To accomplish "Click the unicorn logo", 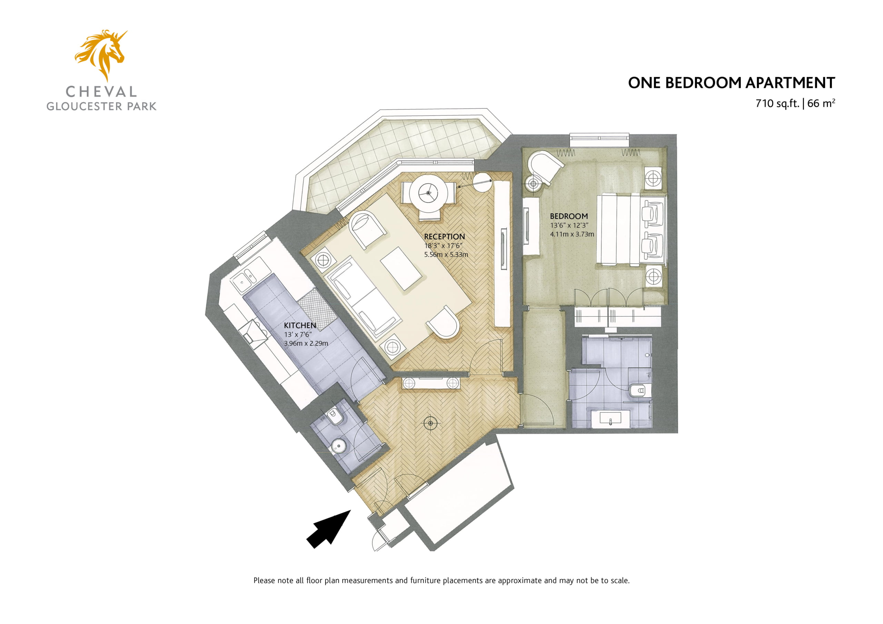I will coord(101,54).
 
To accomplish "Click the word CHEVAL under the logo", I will coord(101,91).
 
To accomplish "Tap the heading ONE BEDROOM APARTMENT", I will coord(731,83).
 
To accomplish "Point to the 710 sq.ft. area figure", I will coord(777,103).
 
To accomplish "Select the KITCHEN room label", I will coord(300,325).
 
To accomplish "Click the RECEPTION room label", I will coord(444,236).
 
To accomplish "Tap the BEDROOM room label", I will coord(569,216).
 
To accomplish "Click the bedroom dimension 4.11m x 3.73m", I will coord(572,234).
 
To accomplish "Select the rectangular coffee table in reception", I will coord(401,268).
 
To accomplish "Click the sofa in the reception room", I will coord(363,298).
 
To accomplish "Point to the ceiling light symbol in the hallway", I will coord(431,424).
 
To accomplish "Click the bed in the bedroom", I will coord(631,231).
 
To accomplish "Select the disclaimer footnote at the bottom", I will coord(441,581).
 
